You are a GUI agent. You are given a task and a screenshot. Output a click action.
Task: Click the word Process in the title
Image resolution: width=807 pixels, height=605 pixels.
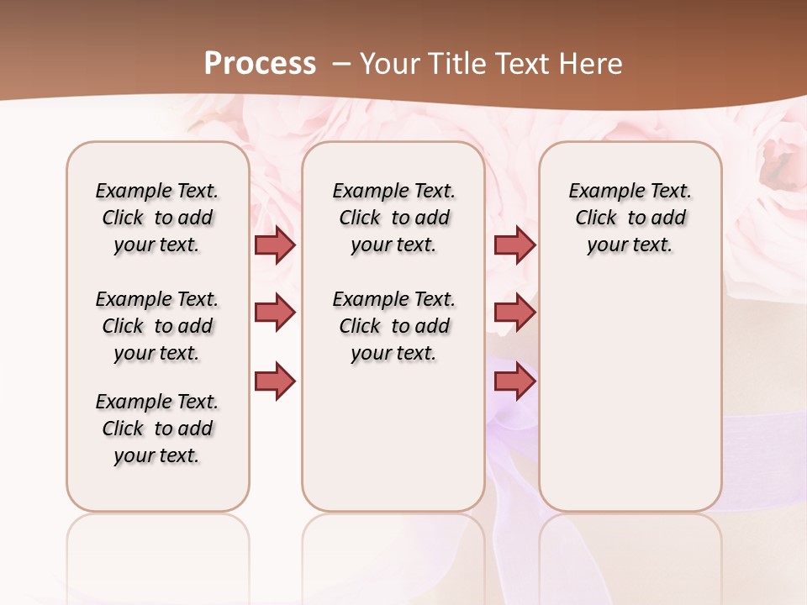click(260, 64)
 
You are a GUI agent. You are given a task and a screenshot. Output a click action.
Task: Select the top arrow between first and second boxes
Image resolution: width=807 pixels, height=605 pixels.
click(275, 245)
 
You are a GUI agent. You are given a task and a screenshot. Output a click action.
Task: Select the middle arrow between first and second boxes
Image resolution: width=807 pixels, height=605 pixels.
click(275, 313)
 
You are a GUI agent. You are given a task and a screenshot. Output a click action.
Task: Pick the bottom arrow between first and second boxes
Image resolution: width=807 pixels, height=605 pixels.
click(275, 381)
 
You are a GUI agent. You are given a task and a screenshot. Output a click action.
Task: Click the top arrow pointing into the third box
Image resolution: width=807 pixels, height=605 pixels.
click(514, 245)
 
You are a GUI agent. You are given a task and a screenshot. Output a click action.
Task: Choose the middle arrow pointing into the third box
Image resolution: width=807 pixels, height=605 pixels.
click(514, 313)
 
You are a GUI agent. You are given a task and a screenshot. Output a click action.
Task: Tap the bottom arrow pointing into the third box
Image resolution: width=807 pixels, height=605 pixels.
click(514, 381)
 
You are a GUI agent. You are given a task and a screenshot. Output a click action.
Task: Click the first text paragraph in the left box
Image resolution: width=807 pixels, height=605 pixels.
click(157, 218)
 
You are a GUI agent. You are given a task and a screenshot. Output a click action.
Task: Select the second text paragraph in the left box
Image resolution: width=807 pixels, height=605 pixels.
click(157, 326)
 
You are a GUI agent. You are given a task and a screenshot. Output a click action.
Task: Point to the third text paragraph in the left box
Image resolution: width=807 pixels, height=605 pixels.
click(157, 429)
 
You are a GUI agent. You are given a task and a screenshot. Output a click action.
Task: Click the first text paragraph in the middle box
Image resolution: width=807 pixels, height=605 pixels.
click(393, 218)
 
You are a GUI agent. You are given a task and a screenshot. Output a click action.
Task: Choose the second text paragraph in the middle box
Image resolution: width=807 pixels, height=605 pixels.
click(393, 326)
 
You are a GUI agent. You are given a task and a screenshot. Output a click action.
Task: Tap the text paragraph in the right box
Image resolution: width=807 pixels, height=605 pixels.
click(630, 218)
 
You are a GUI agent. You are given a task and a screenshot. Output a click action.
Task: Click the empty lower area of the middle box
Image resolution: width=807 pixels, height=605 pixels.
click(393, 437)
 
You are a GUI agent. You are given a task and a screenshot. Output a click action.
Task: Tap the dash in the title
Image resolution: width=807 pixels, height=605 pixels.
click(342, 64)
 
